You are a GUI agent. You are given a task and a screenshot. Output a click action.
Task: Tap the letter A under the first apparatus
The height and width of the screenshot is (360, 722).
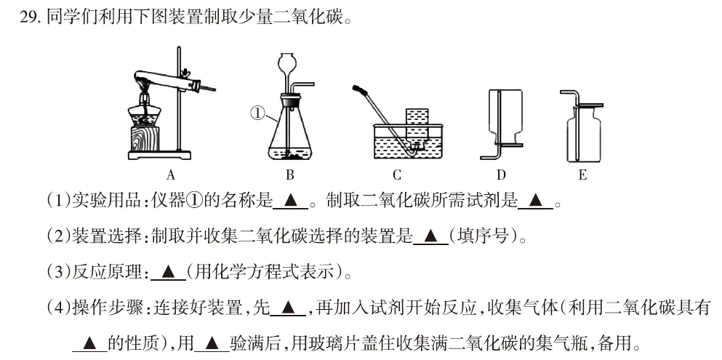[x=171, y=175]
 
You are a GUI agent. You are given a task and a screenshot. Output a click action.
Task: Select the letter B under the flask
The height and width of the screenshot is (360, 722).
[x=289, y=175]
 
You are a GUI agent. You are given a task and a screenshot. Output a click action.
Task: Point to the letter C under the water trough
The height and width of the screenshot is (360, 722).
[x=397, y=175]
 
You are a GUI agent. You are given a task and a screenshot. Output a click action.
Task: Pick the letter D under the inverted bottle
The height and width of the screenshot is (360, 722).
[x=501, y=175]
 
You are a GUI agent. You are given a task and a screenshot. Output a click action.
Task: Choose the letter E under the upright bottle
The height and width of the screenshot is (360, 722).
[x=582, y=175]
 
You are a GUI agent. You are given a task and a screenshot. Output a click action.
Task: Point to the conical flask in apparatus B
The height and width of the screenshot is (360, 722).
[x=289, y=135]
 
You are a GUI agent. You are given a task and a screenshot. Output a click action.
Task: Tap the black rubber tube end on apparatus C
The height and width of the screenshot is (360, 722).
[x=358, y=90]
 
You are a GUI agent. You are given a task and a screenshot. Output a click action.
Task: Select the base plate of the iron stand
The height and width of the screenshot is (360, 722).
[x=160, y=155]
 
